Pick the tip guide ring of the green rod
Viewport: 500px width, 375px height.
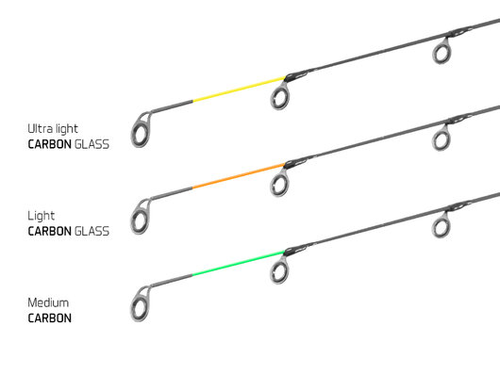(x=141, y=303)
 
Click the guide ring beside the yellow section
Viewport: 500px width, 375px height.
(x=281, y=94)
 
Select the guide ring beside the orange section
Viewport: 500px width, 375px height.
(x=281, y=183)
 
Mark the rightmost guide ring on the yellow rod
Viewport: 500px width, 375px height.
(x=441, y=53)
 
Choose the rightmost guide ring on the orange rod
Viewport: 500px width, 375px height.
(x=441, y=139)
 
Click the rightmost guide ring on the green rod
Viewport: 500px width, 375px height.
(x=441, y=226)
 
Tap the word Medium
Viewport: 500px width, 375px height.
(x=50, y=303)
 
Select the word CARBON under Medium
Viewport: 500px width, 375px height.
(x=51, y=318)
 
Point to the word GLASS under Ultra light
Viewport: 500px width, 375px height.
(x=94, y=143)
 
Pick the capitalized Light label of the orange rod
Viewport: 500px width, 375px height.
(x=42, y=216)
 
